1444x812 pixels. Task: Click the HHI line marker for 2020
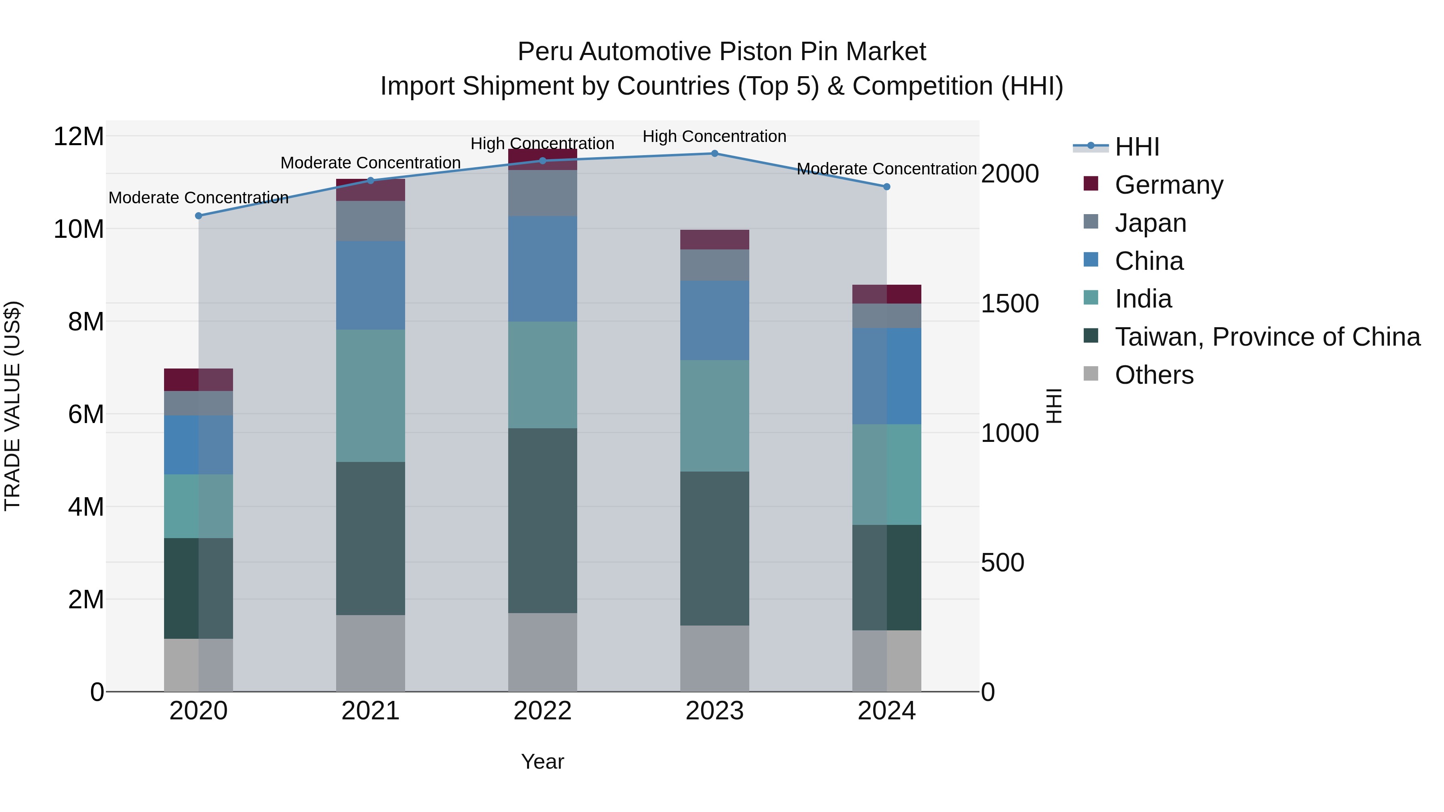tap(199, 216)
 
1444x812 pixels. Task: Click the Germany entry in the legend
tap(1169, 185)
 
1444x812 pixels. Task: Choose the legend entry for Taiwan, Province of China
tap(1267, 337)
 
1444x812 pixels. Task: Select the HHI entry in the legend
tap(1137, 147)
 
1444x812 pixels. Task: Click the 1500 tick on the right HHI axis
tap(1010, 303)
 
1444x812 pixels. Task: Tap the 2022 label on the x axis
tap(542, 711)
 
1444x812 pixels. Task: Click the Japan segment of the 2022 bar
tap(542, 193)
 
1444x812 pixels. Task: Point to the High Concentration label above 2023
tap(714, 136)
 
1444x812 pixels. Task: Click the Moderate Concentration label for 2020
tap(199, 198)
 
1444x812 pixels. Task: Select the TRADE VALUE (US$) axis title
tap(12, 406)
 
